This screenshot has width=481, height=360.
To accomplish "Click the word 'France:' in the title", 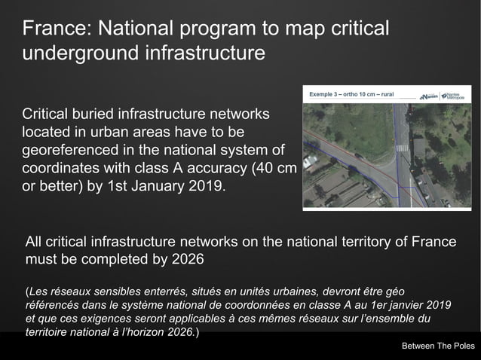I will coord(56,29).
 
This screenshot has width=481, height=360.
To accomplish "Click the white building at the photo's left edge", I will coord(308,161).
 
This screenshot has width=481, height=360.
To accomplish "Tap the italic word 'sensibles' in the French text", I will coord(106,291).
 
